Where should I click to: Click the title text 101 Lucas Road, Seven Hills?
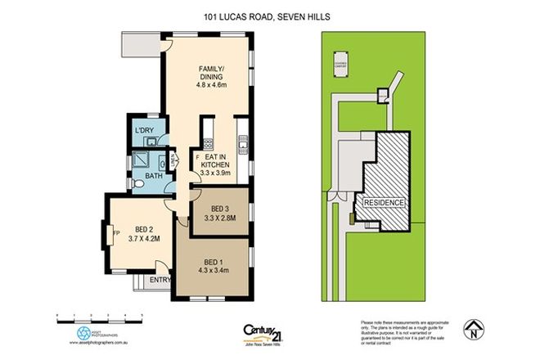click(269, 16)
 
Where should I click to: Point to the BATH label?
click(154, 176)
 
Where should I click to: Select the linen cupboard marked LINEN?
click(173, 160)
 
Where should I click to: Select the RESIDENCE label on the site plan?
click(384, 201)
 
